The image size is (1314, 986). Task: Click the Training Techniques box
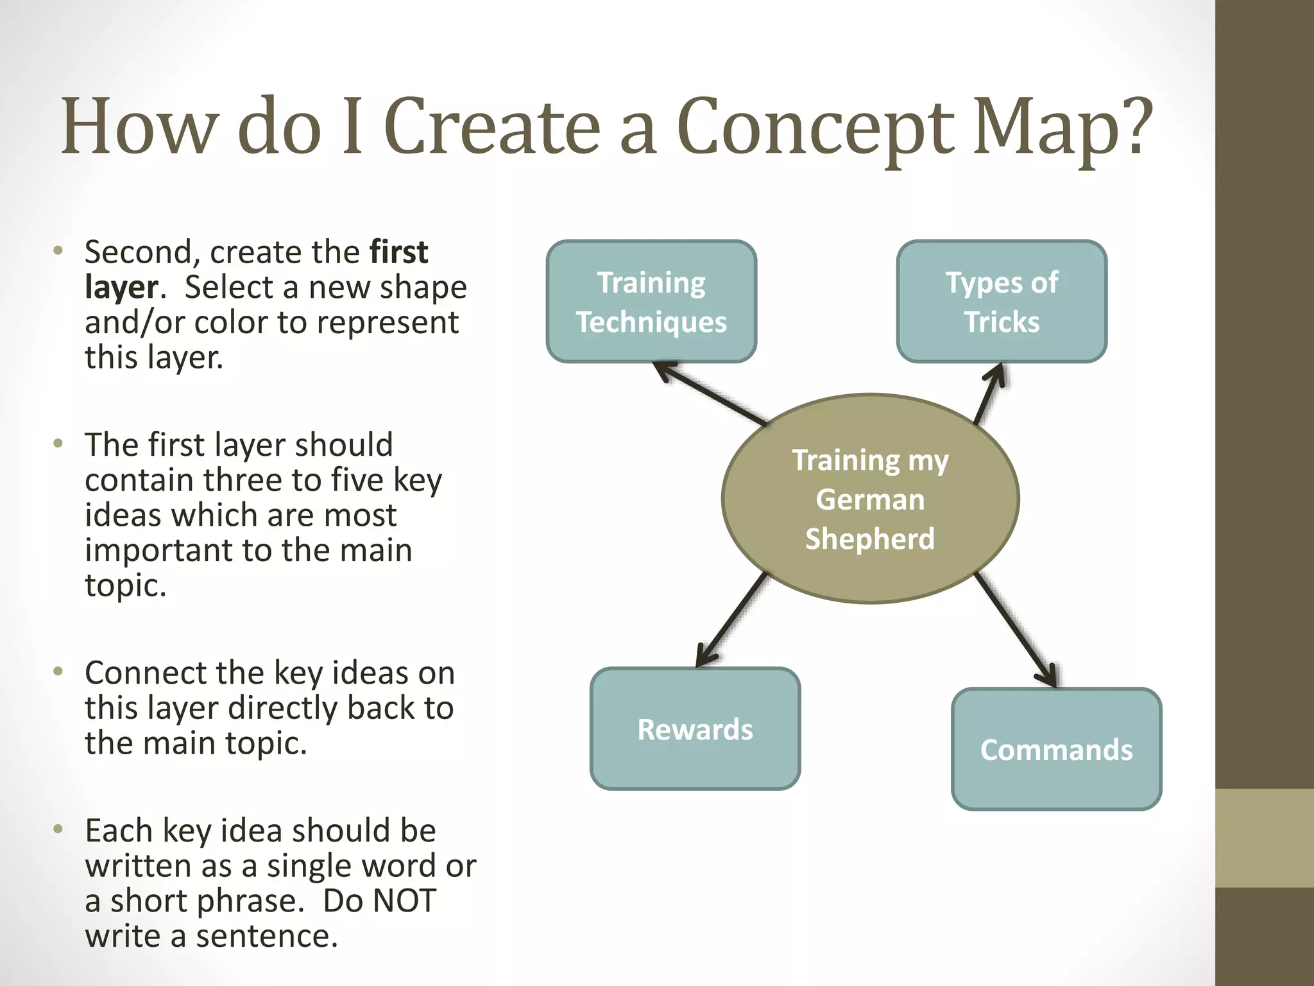click(x=651, y=302)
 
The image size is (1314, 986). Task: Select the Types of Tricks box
click(x=1002, y=302)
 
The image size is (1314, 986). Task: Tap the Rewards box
click(x=695, y=729)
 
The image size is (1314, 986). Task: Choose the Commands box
click(x=1056, y=749)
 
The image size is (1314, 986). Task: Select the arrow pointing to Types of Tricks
click(x=989, y=393)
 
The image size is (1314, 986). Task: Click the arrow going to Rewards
click(x=731, y=620)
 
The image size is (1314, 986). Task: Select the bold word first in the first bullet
click(x=398, y=252)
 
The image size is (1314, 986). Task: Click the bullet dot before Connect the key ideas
click(x=58, y=671)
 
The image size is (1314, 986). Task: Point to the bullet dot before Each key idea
click(x=58, y=829)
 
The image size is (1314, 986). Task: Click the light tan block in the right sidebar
click(x=1264, y=838)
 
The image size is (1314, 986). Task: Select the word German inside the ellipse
click(x=870, y=499)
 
